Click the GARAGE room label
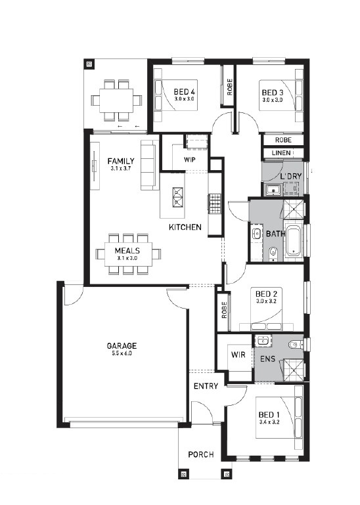[122, 346]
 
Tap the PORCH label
[201, 454]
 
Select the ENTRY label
[206, 386]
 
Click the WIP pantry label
[190, 160]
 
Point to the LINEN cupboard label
[281, 153]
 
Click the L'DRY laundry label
[291, 176]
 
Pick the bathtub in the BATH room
[293, 240]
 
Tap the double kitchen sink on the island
[177, 198]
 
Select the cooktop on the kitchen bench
[215, 204]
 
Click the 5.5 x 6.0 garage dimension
[122, 353]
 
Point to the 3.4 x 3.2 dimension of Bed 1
[269, 422]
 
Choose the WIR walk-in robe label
[238, 355]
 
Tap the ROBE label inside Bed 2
[224, 310]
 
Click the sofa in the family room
[148, 165]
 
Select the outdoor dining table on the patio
[116, 100]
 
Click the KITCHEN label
[185, 227]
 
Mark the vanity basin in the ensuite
[263, 341]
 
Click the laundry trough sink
[274, 190]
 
